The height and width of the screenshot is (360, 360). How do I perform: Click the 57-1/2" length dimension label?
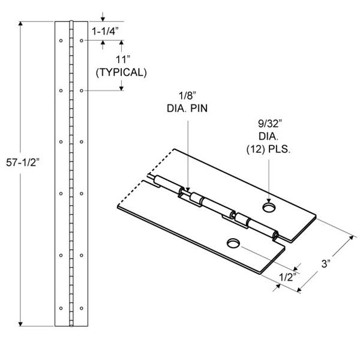(23, 163)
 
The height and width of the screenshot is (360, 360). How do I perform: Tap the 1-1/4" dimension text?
(105, 31)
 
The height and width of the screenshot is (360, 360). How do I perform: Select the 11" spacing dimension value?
(122, 59)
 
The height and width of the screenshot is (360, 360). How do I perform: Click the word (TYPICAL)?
(121, 73)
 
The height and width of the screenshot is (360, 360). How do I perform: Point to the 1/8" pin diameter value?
(188, 96)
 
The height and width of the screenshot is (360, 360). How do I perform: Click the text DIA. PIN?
(187, 109)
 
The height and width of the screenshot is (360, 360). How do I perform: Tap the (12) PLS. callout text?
(268, 149)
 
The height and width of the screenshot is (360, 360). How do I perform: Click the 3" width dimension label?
(326, 264)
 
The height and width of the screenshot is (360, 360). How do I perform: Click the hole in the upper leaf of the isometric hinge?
(269, 208)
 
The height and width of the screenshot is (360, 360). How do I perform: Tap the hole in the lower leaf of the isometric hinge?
(233, 244)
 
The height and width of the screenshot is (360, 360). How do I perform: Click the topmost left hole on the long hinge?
(61, 41)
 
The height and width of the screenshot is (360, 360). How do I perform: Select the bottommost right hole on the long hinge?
(82, 308)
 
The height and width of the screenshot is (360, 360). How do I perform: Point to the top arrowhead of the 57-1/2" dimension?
(20, 24)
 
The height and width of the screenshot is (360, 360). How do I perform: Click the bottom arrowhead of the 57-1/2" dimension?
(20, 323)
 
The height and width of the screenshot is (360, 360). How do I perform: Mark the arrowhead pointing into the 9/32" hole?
(269, 200)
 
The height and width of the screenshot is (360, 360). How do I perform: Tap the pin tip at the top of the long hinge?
(71, 22)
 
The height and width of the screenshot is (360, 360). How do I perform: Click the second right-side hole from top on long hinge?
(82, 91)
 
